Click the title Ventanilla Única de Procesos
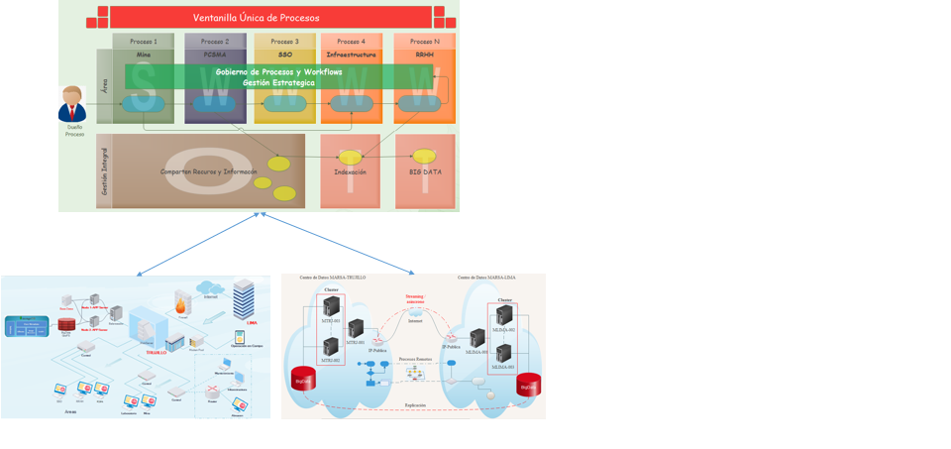click(256, 18)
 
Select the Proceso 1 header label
click(144, 42)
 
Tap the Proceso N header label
click(424, 42)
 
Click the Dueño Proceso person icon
click(72, 104)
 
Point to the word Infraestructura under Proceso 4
click(352, 56)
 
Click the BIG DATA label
click(425, 171)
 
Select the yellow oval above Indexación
click(350, 157)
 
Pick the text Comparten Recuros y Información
click(208, 171)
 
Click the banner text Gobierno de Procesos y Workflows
click(278, 72)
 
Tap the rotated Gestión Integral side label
click(104, 170)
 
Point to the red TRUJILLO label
click(156, 352)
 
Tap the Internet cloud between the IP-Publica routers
click(415, 313)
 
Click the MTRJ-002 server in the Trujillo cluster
click(330, 348)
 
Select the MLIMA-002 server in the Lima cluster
click(504, 353)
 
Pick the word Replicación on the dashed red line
click(416, 405)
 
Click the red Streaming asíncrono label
click(414, 297)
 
